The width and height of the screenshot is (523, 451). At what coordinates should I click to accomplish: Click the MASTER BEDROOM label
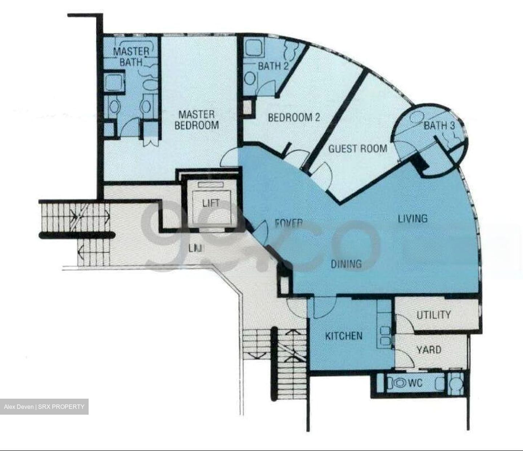coord(196,120)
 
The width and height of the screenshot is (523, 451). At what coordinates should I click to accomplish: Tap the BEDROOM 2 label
coord(294,117)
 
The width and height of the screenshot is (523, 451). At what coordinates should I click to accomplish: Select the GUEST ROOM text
coord(357,148)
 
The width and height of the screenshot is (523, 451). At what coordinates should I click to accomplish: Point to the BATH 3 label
coord(439,126)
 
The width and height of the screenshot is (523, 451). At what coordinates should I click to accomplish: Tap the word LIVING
coord(413,218)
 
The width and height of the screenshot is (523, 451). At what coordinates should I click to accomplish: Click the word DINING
coord(346,263)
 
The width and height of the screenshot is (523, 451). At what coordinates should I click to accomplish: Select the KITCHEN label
coord(344,335)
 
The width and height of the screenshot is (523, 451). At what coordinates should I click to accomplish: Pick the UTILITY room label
coord(434,315)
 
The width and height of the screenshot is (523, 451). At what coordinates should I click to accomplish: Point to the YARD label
coord(429,350)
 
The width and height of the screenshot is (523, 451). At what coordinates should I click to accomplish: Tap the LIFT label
coord(211,203)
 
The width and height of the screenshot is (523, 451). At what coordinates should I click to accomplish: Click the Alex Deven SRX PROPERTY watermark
coord(44,406)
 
